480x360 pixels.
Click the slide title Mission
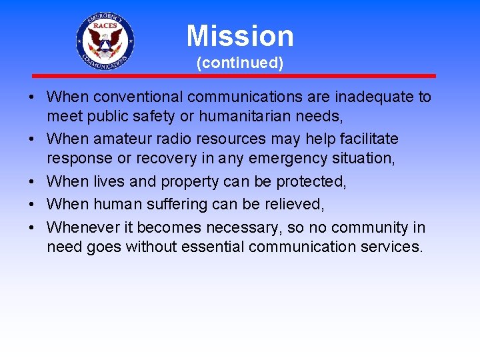click(x=240, y=36)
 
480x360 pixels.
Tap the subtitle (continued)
click(x=240, y=63)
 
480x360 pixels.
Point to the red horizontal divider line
click(x=233, y=76)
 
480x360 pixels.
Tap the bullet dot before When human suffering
click(x=32, y=205)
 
